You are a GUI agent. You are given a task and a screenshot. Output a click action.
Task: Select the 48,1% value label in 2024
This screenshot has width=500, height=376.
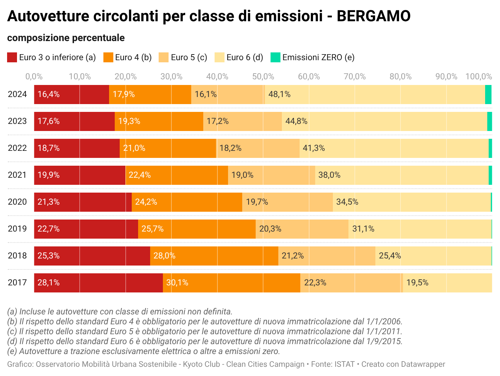[279, 94]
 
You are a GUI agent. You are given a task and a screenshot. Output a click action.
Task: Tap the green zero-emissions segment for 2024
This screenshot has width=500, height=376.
[488, 95]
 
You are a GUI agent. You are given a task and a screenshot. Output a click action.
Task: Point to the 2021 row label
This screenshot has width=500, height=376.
[17, 175]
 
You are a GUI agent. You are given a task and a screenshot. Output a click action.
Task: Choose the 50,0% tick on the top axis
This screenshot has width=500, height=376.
[263, 76]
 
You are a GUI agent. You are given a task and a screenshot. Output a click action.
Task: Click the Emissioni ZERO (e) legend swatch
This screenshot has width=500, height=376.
[275, 57]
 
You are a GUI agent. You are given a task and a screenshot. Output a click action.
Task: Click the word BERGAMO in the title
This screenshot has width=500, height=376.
[373, 16]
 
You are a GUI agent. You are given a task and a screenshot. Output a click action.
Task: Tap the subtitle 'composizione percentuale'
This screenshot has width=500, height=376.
[66, 38]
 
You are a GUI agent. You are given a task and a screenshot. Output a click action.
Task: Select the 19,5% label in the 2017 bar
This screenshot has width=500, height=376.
[417, 283]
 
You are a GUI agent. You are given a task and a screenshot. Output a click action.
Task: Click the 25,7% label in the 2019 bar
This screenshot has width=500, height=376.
[153, 229]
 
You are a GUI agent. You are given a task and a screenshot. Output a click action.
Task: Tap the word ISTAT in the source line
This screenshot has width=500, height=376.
[345, 364]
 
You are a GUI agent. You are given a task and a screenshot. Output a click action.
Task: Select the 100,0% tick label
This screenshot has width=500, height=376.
[478, 76]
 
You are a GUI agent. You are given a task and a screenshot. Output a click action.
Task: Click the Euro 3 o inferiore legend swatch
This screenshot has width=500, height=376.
[12, 57]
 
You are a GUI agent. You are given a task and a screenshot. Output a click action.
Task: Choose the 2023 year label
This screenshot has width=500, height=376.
[17, 121]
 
